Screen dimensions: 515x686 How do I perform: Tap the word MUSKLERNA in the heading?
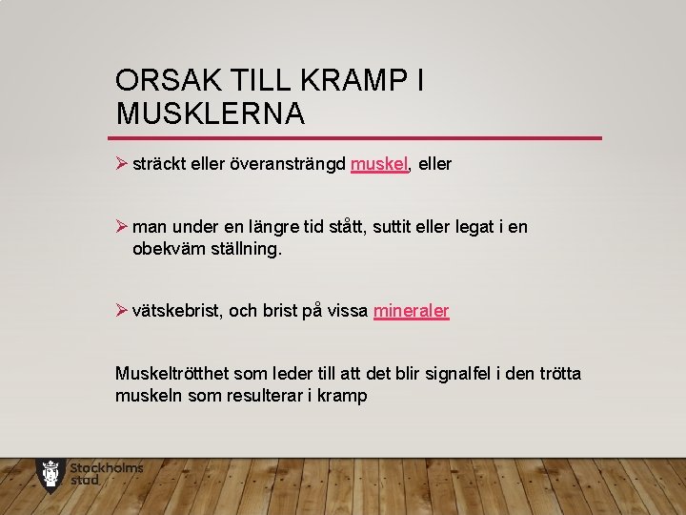click(211, 114)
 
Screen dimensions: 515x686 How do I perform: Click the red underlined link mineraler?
click(412, 311)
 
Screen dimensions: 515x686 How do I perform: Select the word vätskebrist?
click(178, 311)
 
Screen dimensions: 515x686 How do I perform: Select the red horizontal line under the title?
click(358, 138)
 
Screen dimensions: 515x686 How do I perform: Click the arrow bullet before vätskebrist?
click(121, 311)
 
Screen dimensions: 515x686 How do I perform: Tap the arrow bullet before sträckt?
click(121, 164)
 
